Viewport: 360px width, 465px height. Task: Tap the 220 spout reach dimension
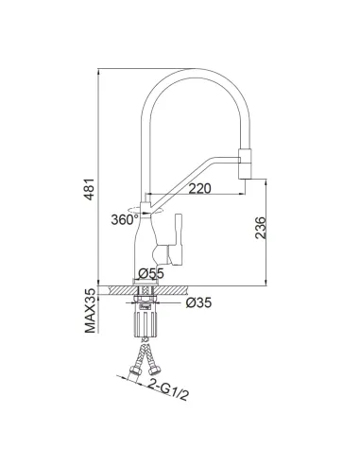tap(198, 188)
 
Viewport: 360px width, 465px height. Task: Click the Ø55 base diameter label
tap(151, 273)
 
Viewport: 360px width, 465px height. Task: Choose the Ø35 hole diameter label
tap(197, 304)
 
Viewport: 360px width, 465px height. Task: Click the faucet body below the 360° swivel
tap(150, 246)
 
